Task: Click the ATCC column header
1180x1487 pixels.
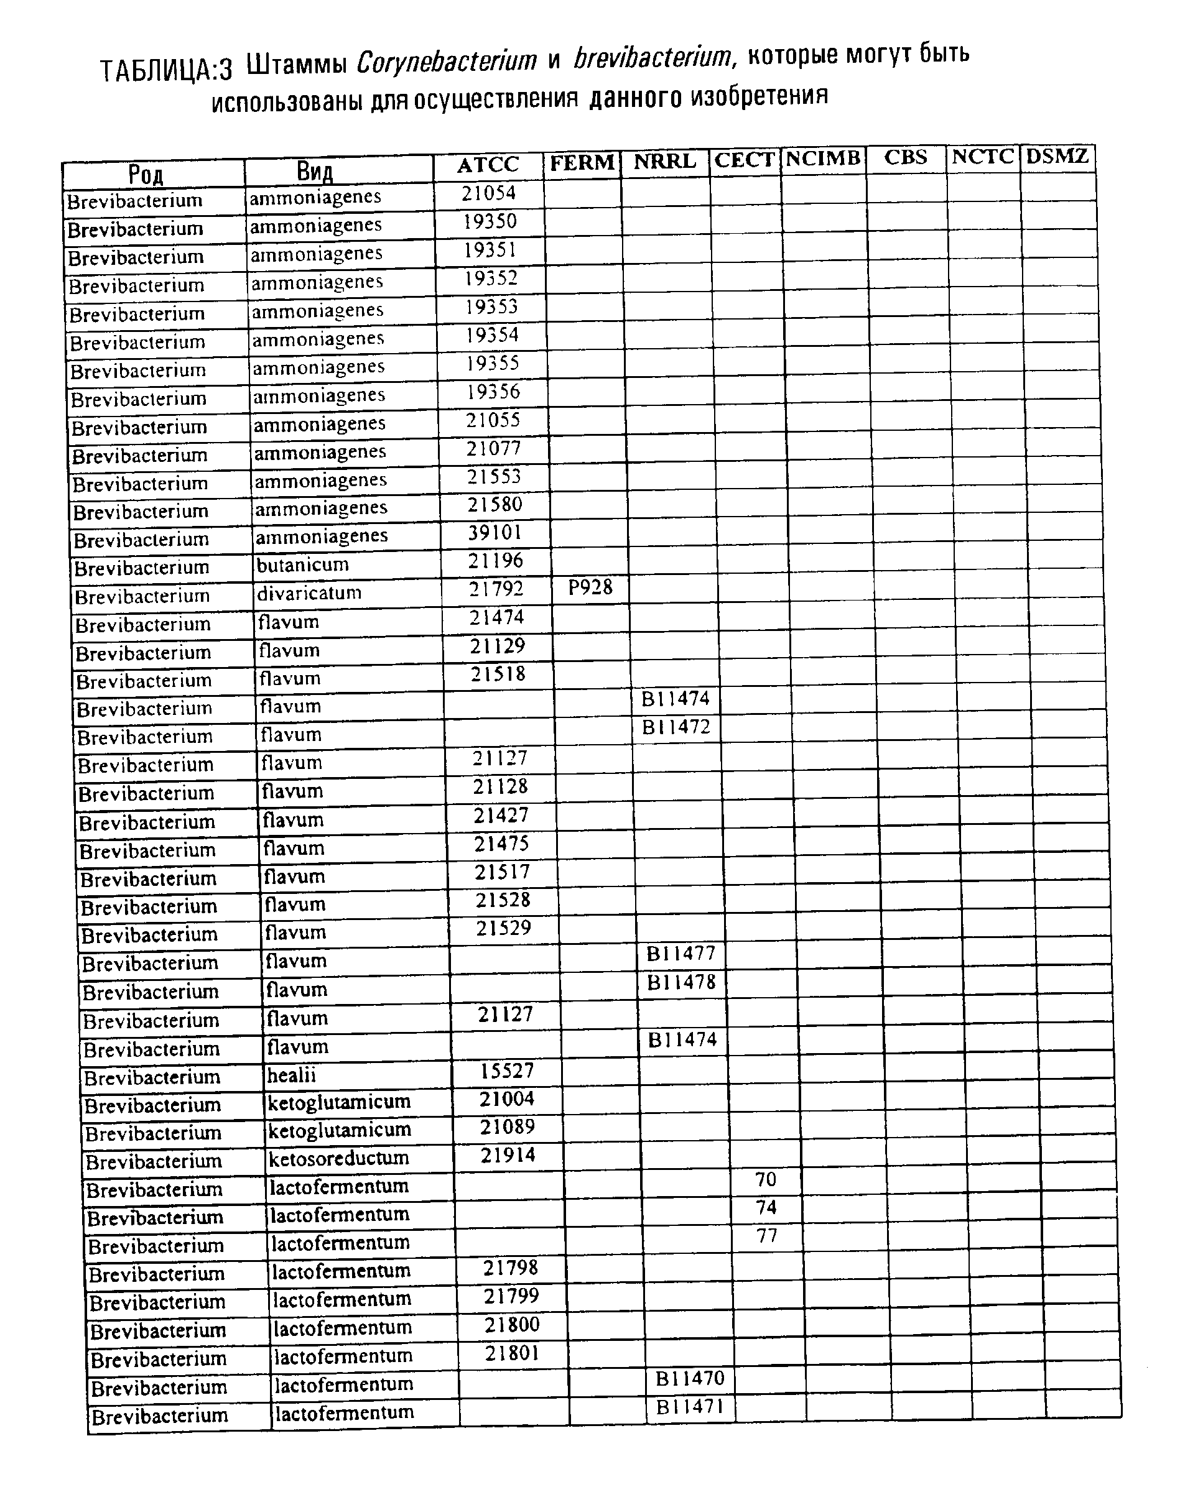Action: pos(487,165)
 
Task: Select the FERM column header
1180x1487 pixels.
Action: pos(582,163)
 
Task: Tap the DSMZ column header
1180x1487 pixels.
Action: pos(1056,156)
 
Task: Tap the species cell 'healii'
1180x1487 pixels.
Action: pos(291,1075)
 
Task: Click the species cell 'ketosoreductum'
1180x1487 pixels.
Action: pos(338,1159)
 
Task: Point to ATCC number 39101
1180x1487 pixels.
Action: pos(495,533)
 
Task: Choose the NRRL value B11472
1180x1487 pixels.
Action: pos(676,727)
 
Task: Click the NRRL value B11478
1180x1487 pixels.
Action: pos(681,982)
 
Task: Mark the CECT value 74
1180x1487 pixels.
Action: pos(766,1207)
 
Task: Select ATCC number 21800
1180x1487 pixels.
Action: pos(511,1325)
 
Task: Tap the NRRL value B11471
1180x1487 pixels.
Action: pos(690,1406)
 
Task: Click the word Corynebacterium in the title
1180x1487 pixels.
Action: pos(447,62)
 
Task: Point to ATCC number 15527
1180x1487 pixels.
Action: pos(506,1070)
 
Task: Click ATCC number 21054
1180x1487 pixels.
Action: pos(488,193)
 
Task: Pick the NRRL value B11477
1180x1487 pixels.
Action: pos(680,954)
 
